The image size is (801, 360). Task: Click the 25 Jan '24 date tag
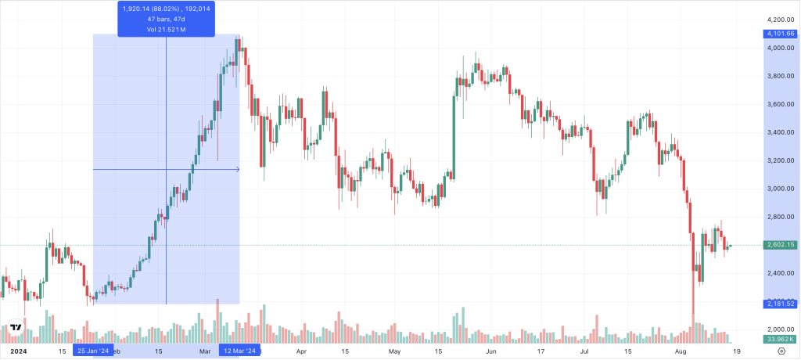pyautogui.click(x=93, y=351)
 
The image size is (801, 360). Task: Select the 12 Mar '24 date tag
pyautogui.click(x=239, y=351)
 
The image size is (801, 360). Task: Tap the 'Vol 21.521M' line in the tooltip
pyautogui.click(x=166, y=29)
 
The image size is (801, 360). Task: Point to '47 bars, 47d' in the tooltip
pyautogui.click(x=166, y=19)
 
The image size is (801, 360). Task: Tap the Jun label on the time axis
pyautogui.click(x=490, y=352)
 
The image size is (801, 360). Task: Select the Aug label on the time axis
pyautogui.click(x=681, y=352)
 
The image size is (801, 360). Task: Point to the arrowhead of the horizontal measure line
pyautogui.click(x=237, y=169)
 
